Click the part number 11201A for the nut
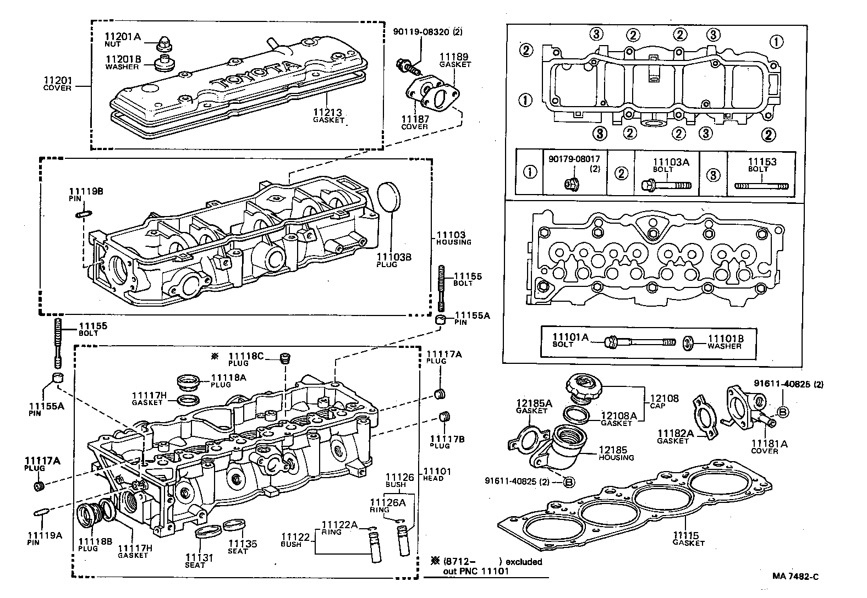coord(123,37)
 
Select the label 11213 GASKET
coord(328,115)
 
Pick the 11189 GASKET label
coord(454,60)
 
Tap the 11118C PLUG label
coord(245,359)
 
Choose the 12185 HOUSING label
coord(616,453)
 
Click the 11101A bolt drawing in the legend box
coord(640,342)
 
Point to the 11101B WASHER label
coord(725,341)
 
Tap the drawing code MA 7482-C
coord(795,576)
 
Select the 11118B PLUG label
coord(95,545)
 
